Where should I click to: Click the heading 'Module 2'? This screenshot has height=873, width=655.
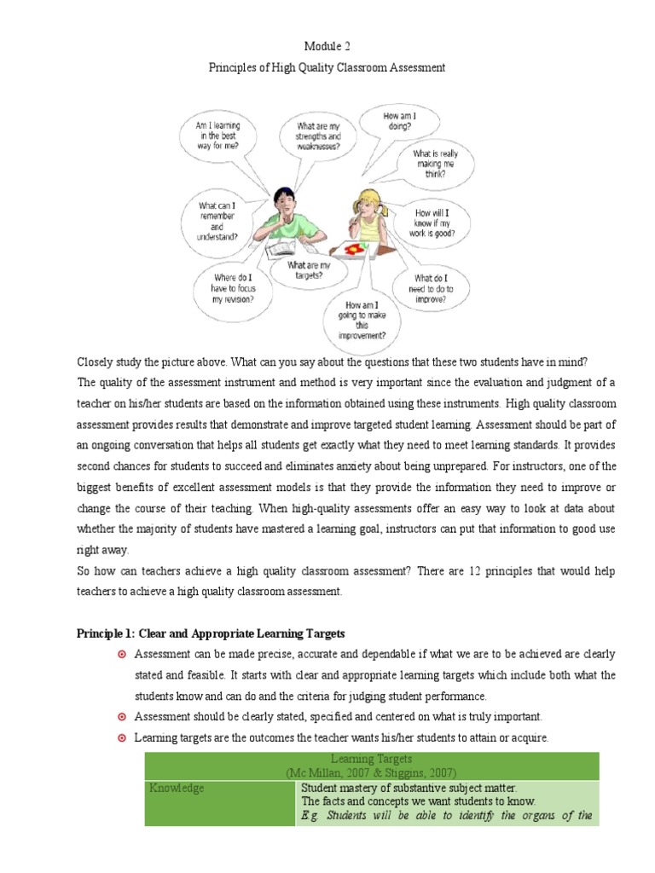327,45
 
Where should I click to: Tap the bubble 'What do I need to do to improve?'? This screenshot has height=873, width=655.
434,289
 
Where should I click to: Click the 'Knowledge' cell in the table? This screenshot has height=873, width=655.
177,789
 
